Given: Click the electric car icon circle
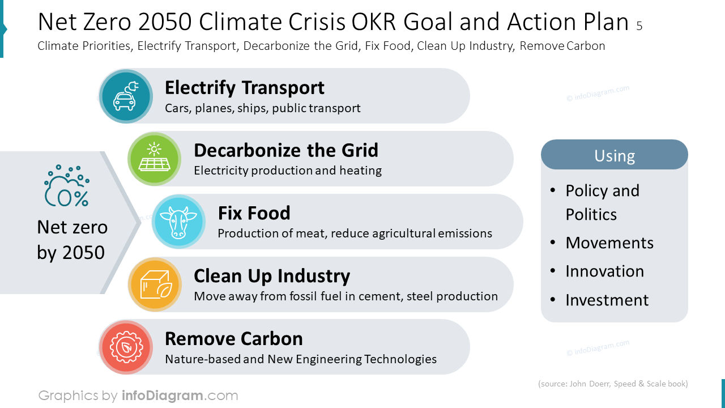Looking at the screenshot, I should (126, 96).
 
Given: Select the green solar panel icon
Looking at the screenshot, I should (154, 159).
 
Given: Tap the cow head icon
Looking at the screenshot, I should (178, 222).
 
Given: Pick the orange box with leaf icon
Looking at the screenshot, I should (154, 284).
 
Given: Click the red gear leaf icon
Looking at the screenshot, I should (126, 347).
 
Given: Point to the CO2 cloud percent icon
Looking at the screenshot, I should (67, 186).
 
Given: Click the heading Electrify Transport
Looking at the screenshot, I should (244, 88).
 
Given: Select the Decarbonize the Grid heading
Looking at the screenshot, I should (285, 150).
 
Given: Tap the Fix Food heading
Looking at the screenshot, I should (254, 213).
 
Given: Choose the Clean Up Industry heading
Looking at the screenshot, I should (271, 276).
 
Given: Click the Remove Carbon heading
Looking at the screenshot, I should (233, 339).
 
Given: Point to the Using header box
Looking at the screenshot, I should (614, 155).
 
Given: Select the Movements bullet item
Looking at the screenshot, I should (609, 243).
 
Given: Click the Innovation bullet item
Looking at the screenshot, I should (604, 271).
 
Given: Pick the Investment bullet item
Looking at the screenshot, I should (607, 300).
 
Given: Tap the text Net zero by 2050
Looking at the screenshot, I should (72, 240).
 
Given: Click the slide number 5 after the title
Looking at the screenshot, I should (639, 26).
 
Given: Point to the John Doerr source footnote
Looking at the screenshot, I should (612, 384).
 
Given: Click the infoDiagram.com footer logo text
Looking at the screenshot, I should (180, 395).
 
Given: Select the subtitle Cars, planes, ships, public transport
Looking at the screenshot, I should (262, 108).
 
